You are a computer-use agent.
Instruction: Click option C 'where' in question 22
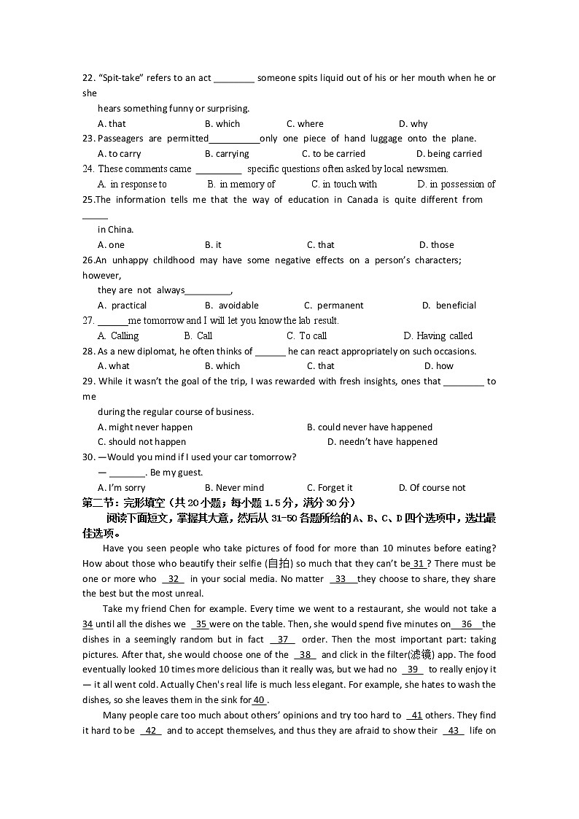coord(305,124)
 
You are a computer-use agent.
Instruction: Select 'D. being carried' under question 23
coord(448,154)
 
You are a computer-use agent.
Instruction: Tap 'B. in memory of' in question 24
coord(241,185)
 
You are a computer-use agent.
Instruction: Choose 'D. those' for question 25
coord(436,245)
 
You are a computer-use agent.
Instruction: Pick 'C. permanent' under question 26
coord(333,306)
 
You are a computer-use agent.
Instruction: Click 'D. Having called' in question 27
coord(438,336)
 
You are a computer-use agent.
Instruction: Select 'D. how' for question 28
coord(438,366)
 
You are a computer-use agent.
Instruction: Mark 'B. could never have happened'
coord(369,427)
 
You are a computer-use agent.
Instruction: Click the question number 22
coord(88,78)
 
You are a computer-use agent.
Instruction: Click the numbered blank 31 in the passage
coord(419,564)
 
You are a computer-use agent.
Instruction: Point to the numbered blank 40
coord(259,700)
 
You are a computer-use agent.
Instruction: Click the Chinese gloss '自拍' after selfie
coord(277,564)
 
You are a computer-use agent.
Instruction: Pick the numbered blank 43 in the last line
coord(453,731)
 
